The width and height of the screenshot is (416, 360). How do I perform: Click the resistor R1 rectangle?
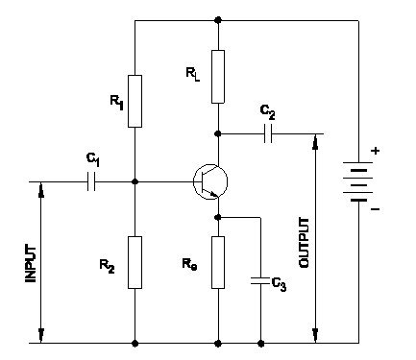click(135, 101)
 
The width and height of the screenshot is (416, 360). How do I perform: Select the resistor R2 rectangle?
click(135, 262)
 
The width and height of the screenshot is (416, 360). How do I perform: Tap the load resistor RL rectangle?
click(219, 77)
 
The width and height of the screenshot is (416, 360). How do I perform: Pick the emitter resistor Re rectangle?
click(219, 262)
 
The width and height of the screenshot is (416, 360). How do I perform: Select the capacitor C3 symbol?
click(260, 281)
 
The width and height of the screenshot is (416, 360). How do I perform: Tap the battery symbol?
click(358, 180)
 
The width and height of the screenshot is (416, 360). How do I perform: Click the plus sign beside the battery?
click(375, 151)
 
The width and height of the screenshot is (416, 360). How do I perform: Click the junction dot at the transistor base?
click(135, 180)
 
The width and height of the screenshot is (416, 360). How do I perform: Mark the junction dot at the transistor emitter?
click(219, 217)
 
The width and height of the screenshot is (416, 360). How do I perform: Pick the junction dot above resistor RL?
click(219, 19)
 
